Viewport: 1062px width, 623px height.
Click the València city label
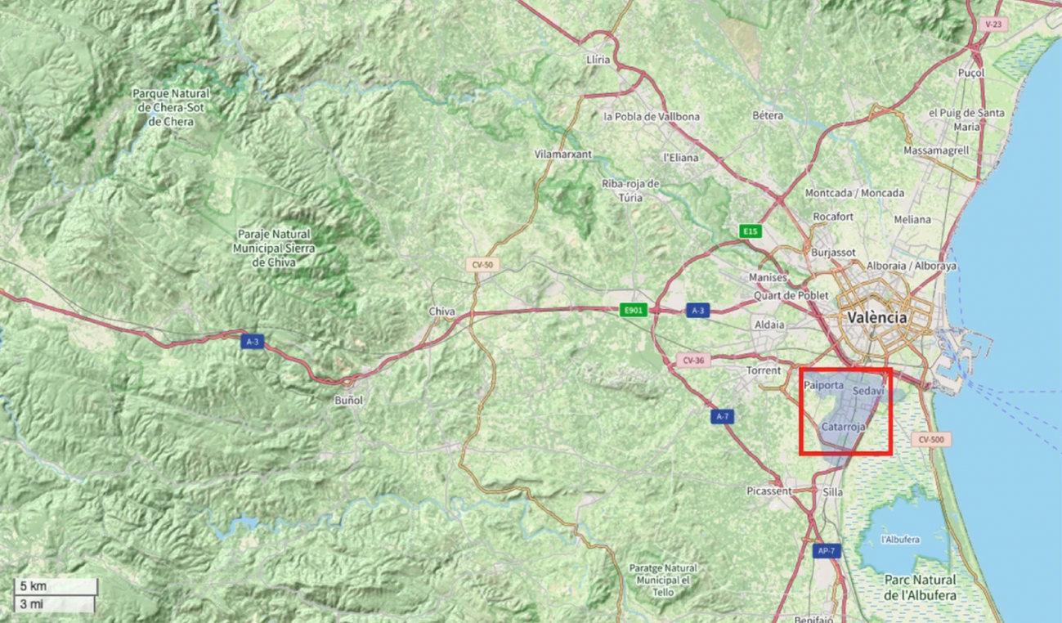(x=877, y=317)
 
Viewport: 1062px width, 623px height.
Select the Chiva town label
(x=441, y=311)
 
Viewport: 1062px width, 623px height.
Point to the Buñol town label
(x=349, y=400)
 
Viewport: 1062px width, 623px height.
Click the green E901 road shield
(x=633, y=310)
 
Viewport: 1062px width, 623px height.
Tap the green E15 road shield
(x=750, y=231)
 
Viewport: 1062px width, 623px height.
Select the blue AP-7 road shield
(x=826, y=551)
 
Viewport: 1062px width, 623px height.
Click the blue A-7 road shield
(x=721, y=417)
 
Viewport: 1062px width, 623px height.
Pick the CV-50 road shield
(x=482, y=265)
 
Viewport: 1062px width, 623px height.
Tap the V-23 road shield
(x=993, y=25)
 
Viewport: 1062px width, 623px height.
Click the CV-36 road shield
(x=692, y=360)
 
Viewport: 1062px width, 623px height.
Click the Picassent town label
(x=769, y=491)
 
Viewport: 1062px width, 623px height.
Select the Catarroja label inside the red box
(x=843, y=427)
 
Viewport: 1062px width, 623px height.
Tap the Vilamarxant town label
(x=562, y=154)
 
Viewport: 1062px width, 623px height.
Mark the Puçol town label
(x=970, y=73)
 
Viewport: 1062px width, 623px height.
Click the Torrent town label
(x=764, y=370)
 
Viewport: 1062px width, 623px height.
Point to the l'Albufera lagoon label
(x=900, y=540)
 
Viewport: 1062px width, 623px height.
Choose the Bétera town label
(x=768, y=115)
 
